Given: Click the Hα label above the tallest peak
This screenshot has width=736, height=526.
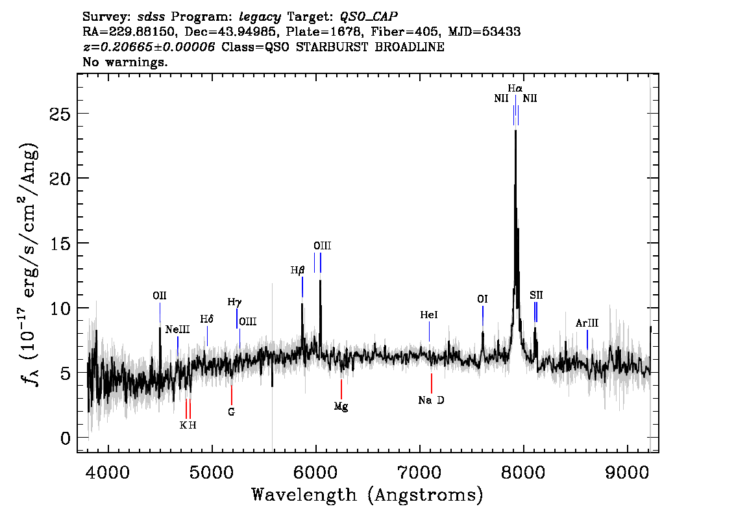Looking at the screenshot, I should (515, 88).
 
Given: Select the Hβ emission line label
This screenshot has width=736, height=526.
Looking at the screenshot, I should (297, 269).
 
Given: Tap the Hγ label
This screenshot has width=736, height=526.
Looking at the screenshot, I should (234, 302).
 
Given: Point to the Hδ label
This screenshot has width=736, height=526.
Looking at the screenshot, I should (207, 319).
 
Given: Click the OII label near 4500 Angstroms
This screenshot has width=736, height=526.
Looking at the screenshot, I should (160, 295).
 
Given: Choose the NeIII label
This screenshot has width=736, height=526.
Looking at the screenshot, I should (177, 329).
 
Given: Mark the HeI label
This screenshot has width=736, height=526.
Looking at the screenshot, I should (429, 315).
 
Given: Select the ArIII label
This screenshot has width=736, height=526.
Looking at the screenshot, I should (587, 323).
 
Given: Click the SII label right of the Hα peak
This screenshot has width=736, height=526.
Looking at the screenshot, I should (535, 295).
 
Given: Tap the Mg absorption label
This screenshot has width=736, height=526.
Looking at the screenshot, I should (341, 407).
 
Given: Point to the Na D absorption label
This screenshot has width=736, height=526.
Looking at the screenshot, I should (431, 400).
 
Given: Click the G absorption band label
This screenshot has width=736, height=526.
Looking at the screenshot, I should (231, 411).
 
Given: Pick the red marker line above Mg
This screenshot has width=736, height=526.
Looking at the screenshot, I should (341, 389).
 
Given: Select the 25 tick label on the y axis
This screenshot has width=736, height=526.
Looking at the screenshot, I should (60, 114).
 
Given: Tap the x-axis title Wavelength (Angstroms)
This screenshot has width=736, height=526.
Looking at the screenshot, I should (367, 495).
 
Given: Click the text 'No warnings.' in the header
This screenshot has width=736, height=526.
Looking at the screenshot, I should (125, 62).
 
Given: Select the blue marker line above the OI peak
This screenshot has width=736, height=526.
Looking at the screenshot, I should (483, 316).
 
